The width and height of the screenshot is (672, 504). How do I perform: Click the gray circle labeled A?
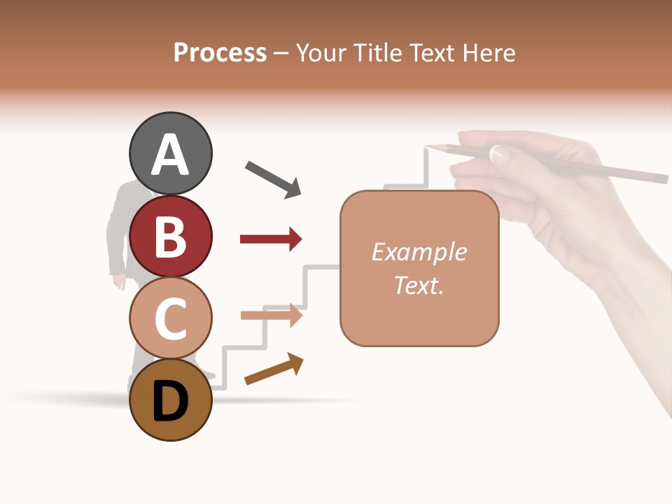point(170,153)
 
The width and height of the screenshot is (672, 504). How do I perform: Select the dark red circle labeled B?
point(170,235)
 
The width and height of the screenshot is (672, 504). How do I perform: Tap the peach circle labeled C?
point(170,318)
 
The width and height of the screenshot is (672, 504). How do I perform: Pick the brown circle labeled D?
point(170,400)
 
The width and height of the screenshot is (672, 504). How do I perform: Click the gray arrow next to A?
point(273,179)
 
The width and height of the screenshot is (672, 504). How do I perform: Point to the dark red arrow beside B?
point(271,239)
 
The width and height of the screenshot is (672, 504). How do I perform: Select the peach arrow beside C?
point(271,315)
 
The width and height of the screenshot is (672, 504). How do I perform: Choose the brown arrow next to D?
point(274,369)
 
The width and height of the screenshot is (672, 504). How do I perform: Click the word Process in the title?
point(220,53)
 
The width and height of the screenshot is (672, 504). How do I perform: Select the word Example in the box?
point(419,251)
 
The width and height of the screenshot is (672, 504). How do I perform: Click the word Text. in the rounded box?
point(419,285)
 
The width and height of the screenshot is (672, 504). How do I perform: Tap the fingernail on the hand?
point(498,153)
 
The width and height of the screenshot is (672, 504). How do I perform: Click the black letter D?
point(170,402)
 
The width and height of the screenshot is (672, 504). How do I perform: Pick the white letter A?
point(170,155)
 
